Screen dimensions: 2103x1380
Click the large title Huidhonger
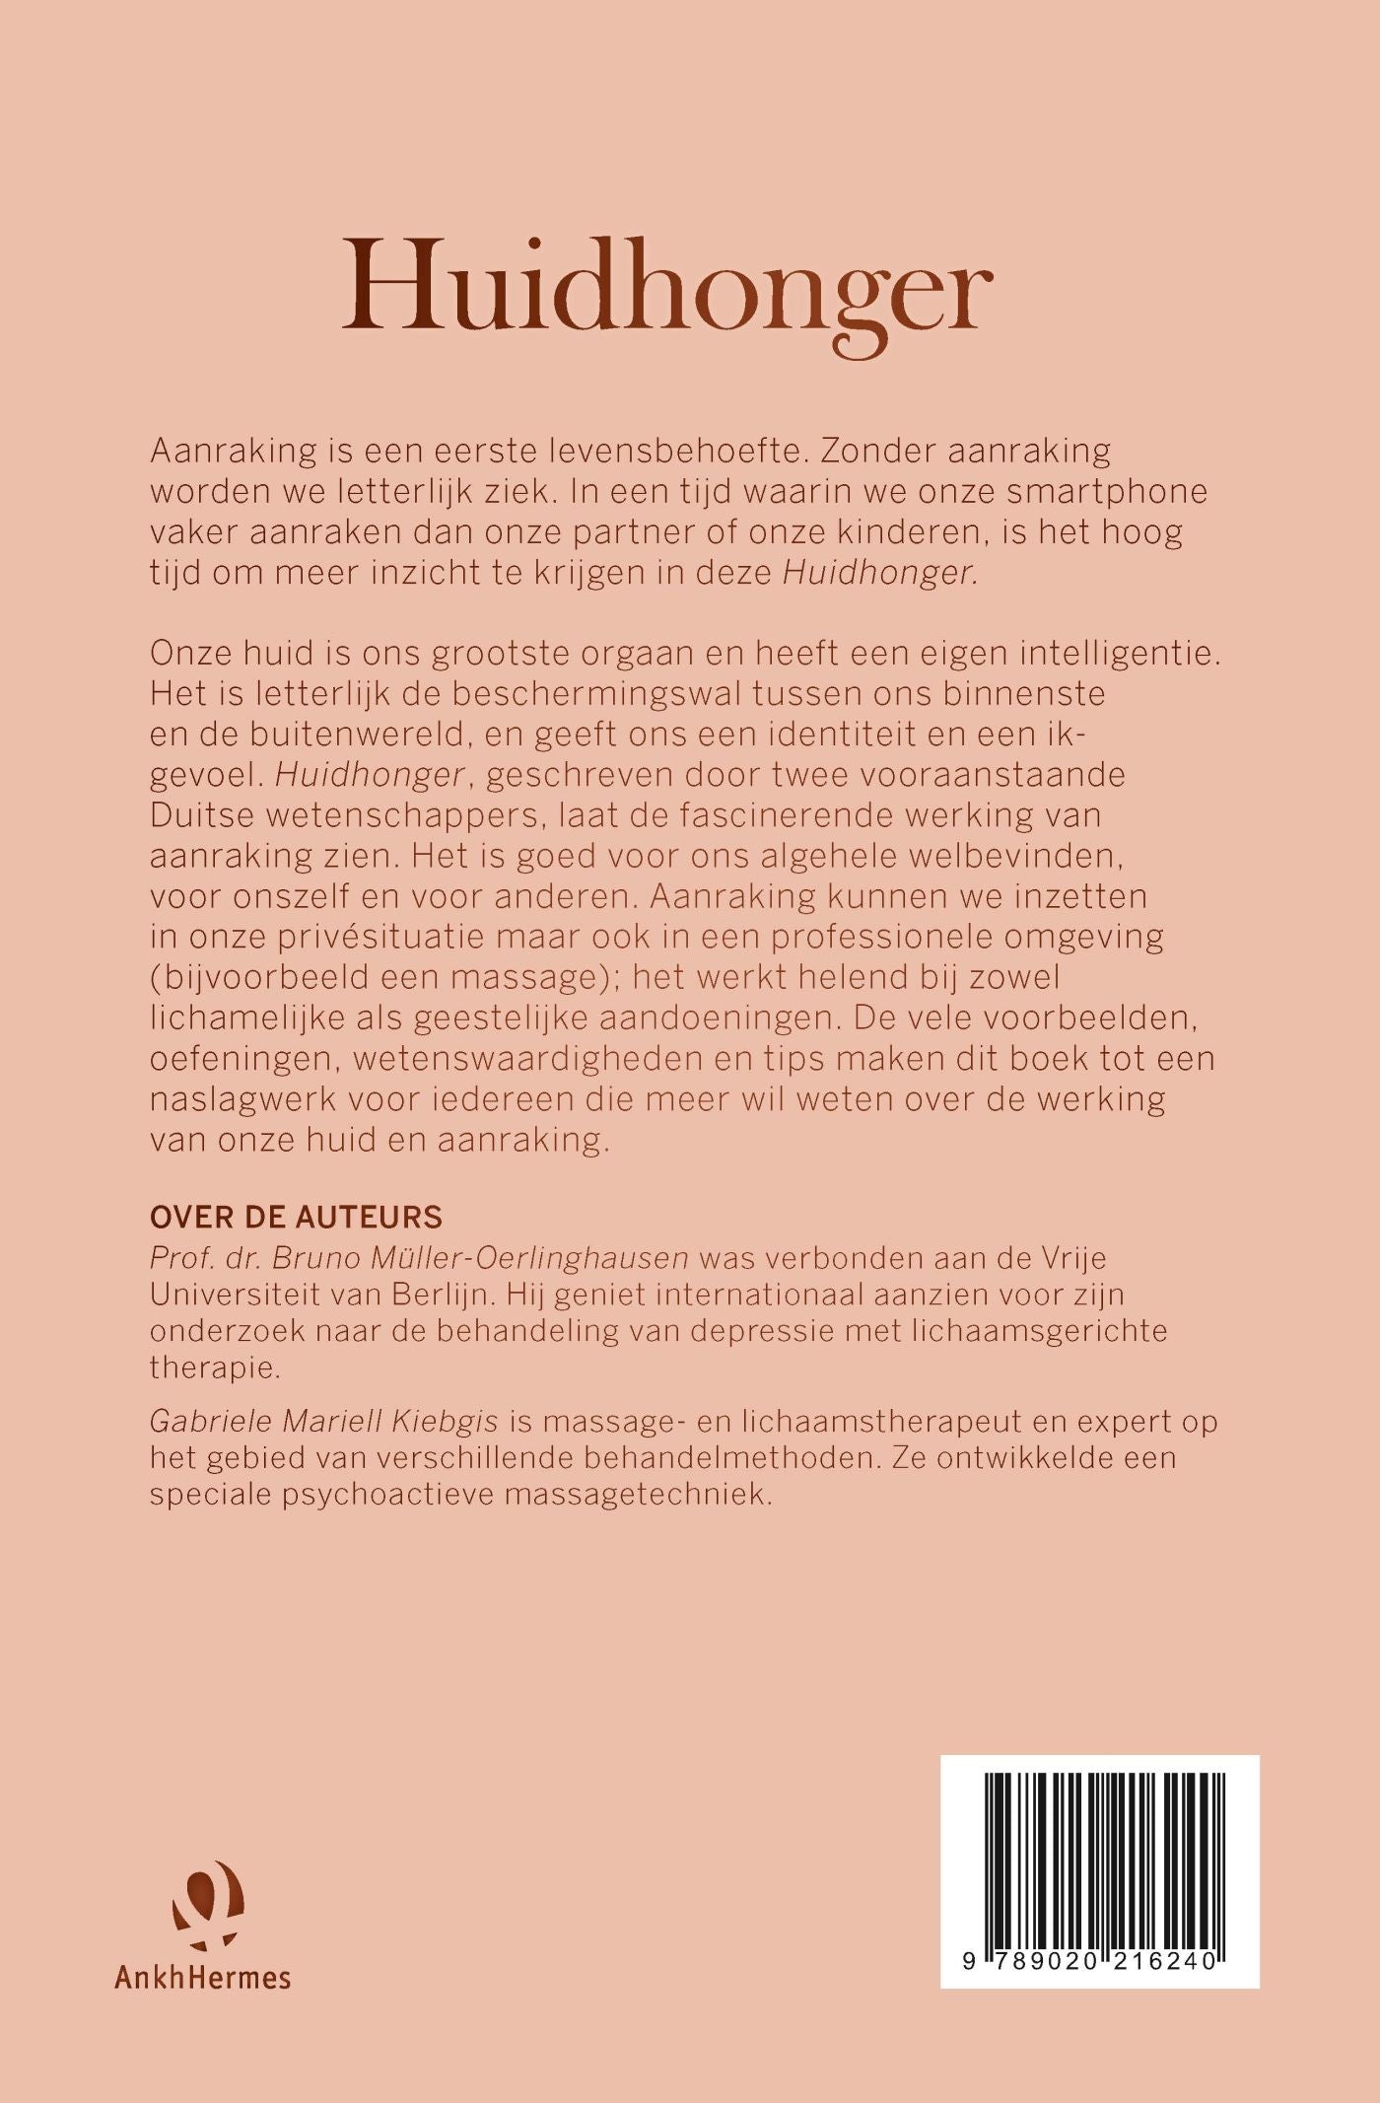(x=666, y=287)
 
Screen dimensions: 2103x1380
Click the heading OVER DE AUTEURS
(x=296, y=1218)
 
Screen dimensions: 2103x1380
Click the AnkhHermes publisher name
(x=202, y=1977)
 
